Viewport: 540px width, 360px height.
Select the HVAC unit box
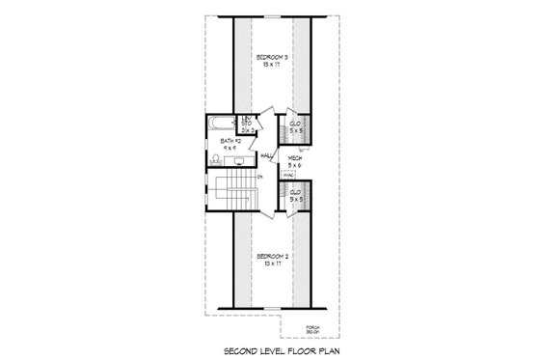[287, 174]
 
